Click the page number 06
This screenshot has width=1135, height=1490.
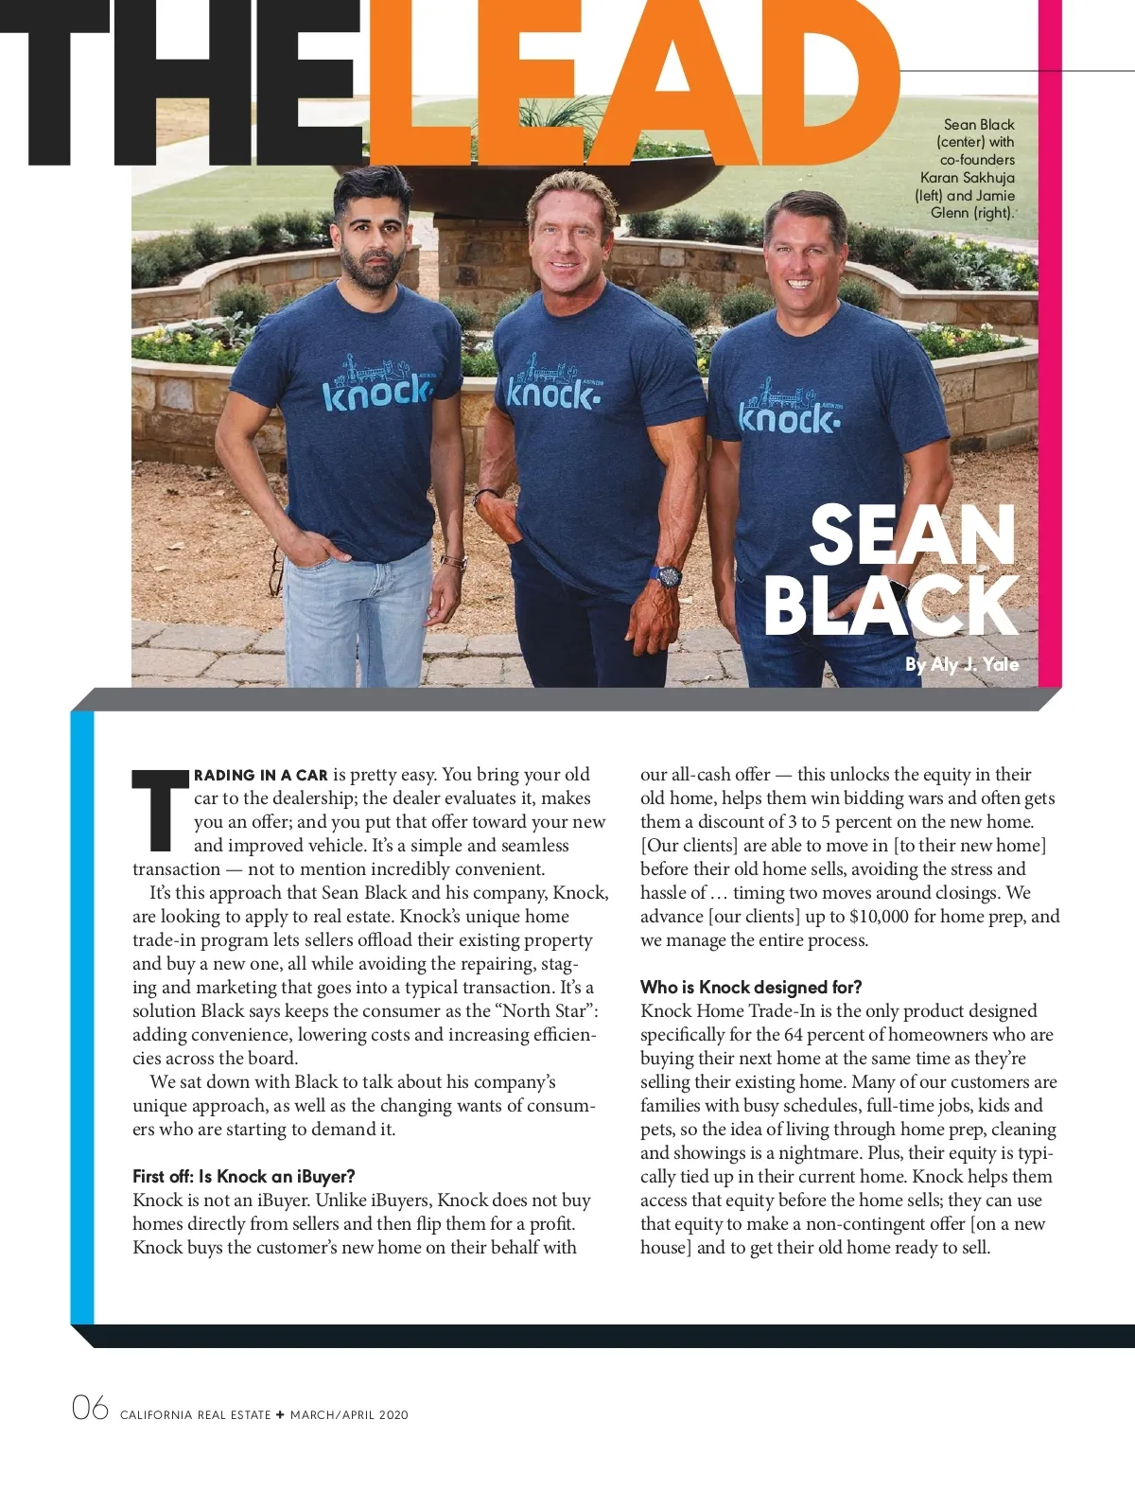tap(90, 1409)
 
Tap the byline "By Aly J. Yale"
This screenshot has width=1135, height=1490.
tap(961, 664)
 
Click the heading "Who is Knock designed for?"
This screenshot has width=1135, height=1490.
tap(751, 988)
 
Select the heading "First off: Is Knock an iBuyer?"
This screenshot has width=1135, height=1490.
tap(243, 1177)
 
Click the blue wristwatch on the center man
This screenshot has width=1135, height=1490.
tap(669, 574)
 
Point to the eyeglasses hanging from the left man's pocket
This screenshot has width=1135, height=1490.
tap(277, 568)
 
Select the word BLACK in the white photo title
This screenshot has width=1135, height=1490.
tap(889, 605)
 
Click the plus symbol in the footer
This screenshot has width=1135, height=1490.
tap(280, 1415)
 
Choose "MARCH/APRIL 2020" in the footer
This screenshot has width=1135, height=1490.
tap(349, 1415)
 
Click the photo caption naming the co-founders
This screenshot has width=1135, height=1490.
tap(967, 168)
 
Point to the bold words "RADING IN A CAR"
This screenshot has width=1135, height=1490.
tap(260, 776)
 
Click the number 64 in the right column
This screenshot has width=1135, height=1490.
tap(794, 1035)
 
